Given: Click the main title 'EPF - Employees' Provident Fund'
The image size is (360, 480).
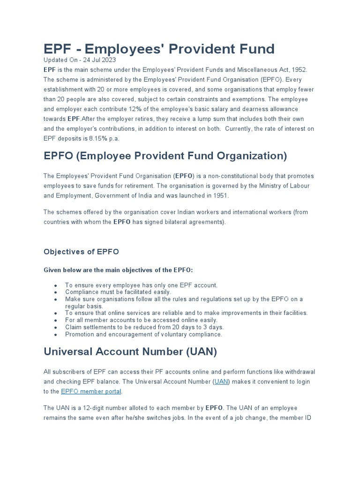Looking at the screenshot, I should pyautogui.click(x=159, y=48).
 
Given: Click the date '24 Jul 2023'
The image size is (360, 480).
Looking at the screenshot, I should pyautogui.click(x=99, y=60).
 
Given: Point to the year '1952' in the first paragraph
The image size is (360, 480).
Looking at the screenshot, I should pyautogui.click(x=298, y=69).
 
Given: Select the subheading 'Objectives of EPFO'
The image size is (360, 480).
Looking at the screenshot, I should pyautogui.click(x=81, y=252).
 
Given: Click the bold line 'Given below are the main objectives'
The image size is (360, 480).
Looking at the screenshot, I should pyautogui.click(x=118, y=270).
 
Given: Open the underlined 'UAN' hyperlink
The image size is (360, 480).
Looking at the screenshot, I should pyautogui.click(x=221, y=382).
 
